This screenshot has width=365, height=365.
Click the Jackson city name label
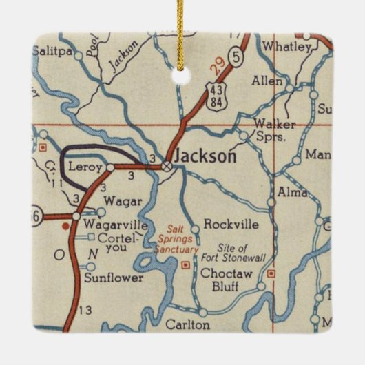pyautogui.click(x=205, y=156)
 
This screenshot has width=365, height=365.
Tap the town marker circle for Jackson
pyautogui.click(x=167, y=165)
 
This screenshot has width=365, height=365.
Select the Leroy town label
pyautogui.click(x=85, y=167)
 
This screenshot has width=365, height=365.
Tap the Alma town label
pyautogui.click(x=292, y=193)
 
